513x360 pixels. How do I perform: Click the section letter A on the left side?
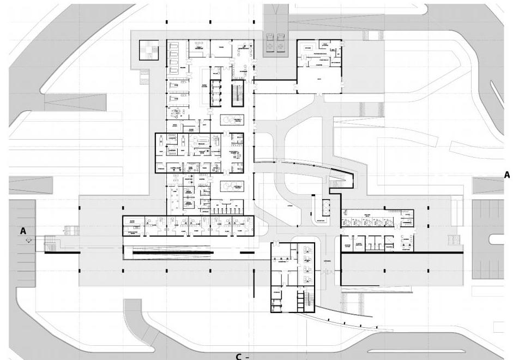coord(23,231)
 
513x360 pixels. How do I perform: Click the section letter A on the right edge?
coord(506,175)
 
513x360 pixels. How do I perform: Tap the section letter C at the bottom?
coord(239,356)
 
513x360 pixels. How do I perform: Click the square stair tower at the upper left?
coord(148,50)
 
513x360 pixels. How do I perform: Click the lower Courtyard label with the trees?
coord(232,186)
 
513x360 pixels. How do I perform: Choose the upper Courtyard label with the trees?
coord(232,119)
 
